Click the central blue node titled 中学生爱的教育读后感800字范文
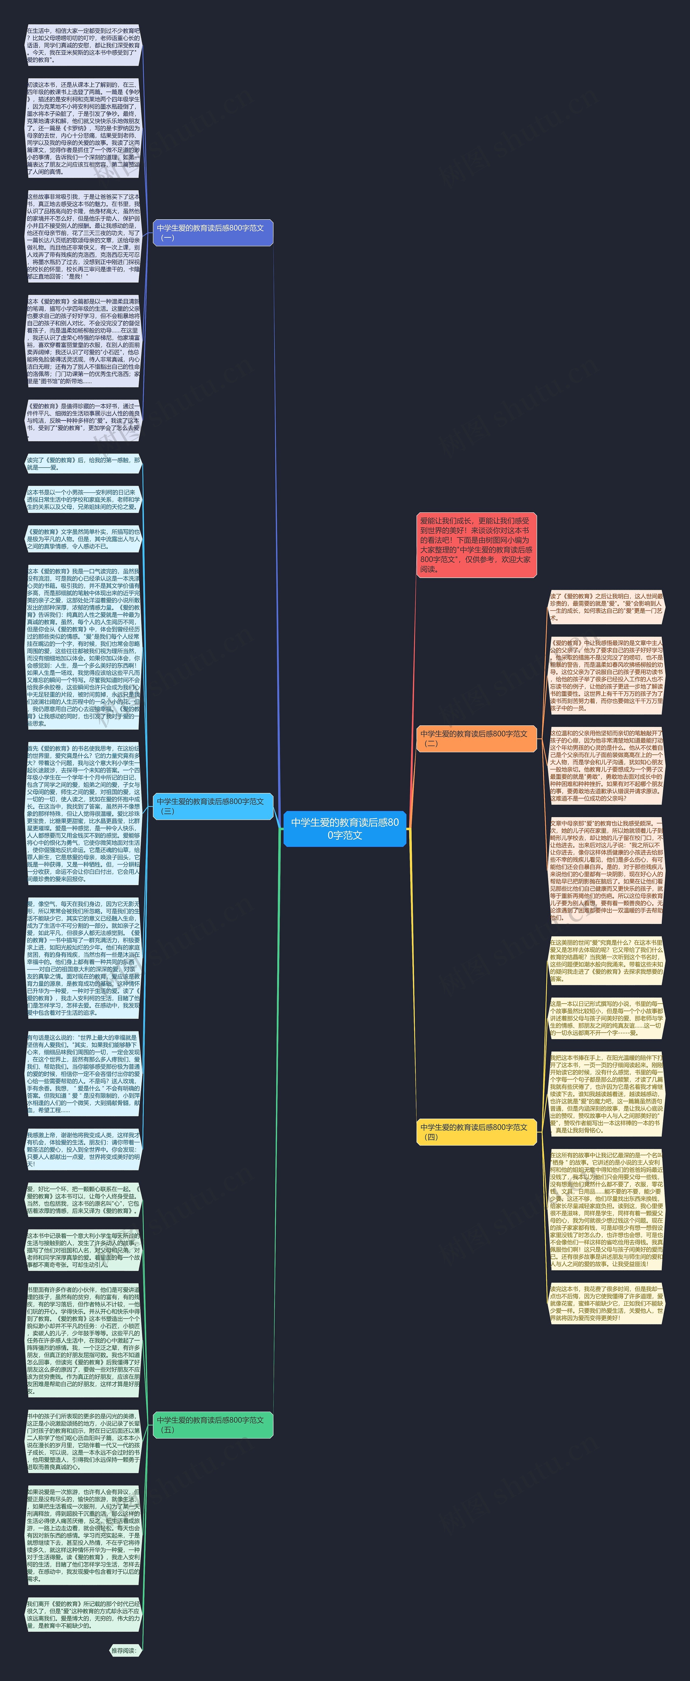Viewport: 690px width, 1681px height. [345, 829]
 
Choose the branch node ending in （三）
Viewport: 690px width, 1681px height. [213, 806]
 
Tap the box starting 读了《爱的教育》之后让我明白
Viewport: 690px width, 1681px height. [606, 607]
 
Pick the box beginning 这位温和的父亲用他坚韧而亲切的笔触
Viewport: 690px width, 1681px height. [606, 765]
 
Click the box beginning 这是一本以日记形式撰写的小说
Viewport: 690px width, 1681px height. [606, 1018]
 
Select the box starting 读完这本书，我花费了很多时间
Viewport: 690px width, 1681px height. [606, 1303]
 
